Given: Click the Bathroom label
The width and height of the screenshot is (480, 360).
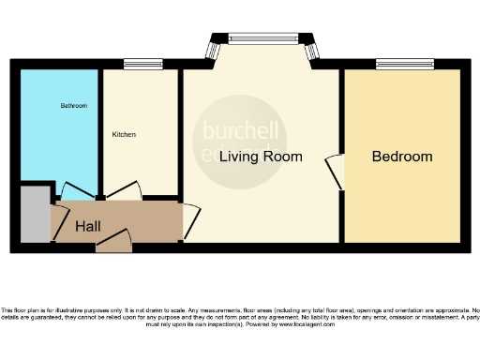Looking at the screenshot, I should [x=74, y=106].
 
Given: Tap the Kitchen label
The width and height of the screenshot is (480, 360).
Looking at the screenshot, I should [x=124, y=134].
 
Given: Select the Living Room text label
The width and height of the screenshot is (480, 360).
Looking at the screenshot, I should [x=261, y=157].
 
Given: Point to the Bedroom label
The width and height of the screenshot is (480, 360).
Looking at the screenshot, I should [x=402, y=157].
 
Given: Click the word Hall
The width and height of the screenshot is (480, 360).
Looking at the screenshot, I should [x=88, y=226].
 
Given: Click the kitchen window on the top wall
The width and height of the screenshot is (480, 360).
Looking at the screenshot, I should [x=138, y=65].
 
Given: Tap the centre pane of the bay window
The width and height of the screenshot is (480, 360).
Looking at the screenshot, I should [x=260, y=39].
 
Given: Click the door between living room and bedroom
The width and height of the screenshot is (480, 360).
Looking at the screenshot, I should [x=336, y=170].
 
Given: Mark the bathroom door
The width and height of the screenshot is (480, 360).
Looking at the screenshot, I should [x=72, y=189].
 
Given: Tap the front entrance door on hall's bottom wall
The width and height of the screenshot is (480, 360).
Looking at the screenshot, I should [x=114, y=242].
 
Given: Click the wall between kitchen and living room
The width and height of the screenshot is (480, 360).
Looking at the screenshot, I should [x=180, y=131].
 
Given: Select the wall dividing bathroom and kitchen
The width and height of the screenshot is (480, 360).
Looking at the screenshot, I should [x=101, y=131].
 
